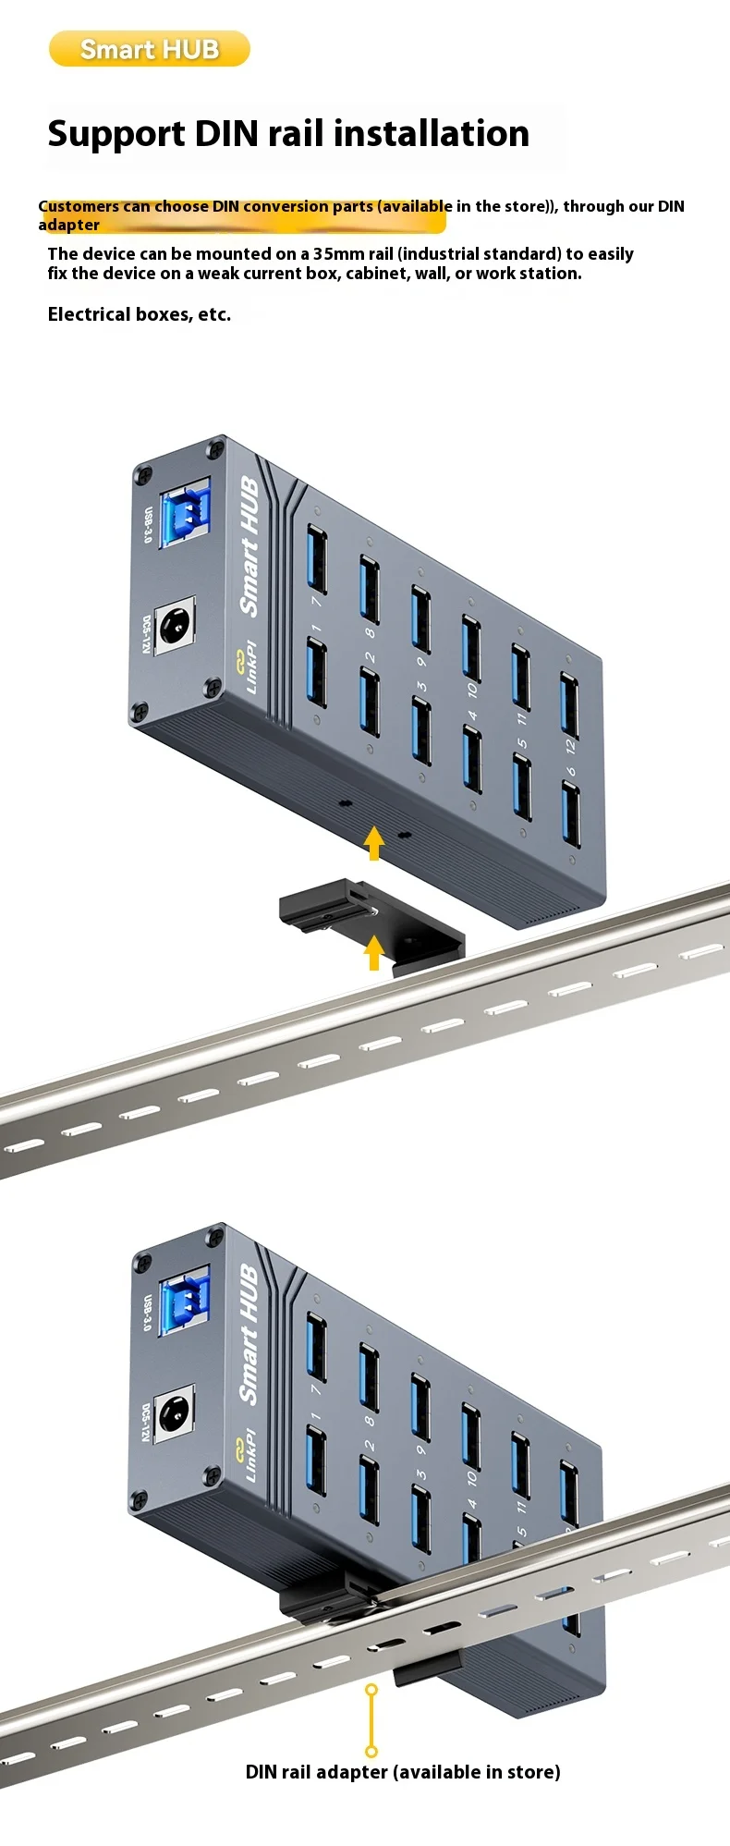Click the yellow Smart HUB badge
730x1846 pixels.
pos(150,49)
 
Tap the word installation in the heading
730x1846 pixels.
pos(432,133)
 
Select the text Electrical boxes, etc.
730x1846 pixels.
pos(140,314)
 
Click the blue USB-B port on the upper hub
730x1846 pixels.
pos(186,513)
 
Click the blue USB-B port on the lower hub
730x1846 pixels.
pos(185,1302)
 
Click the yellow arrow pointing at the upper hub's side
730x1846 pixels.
pos(373,842)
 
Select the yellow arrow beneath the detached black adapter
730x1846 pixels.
pos(373,952)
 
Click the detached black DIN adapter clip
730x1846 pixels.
pos(372,924)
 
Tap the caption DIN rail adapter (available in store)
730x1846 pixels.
pos(403,1771)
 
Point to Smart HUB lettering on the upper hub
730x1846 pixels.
pos(249,546)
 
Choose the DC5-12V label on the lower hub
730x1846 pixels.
pos(145,1423)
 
